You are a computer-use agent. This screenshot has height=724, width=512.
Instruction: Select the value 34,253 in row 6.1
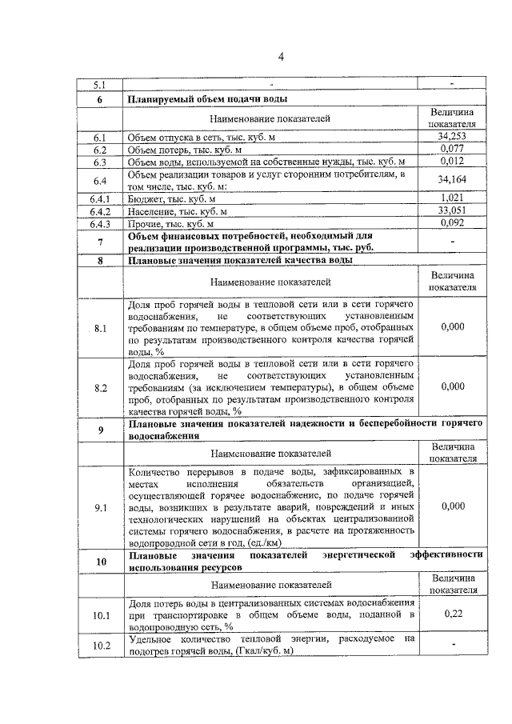(x=452, y=137)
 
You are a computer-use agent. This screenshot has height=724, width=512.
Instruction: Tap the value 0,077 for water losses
(x=452, y=149)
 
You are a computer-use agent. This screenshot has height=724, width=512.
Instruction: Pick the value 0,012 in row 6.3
(x=452, y=162)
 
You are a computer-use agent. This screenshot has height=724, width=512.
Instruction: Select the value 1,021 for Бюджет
(x=452, y=198)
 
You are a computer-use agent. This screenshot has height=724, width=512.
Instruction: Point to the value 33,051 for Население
(x=452, y=210)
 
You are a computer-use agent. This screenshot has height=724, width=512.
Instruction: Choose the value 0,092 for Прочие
(x=452, y=223)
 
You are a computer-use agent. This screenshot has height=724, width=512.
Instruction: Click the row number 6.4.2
(x=100, y=211)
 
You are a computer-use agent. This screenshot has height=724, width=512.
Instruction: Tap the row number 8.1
(x=100, y=329)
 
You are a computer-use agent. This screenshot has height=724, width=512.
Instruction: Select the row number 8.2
(x=100, y=387)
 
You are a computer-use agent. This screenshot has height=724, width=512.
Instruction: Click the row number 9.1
(x=100, y=507)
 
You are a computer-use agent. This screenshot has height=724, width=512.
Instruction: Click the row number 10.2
(x=100, y=646)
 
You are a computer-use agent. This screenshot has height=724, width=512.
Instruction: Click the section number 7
(x=100, y=242)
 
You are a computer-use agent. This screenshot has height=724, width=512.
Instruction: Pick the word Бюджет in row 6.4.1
(x=144, y=198)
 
